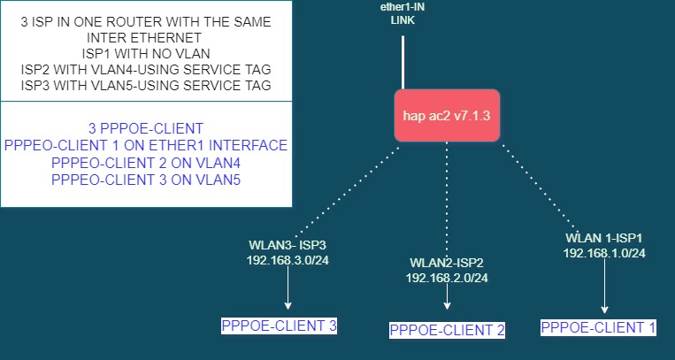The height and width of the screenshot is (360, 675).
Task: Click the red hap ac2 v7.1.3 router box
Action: [x=447, y=116]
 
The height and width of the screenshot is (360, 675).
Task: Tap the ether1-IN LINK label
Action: [x=403, y=12]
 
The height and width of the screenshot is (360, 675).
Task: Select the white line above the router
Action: [x=403, y=62]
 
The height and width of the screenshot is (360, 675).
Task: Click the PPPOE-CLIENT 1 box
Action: [x=598, y=327]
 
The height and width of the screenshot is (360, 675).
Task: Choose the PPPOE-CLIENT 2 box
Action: [x=447, y=330]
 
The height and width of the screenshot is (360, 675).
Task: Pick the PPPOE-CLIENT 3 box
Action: [x=279, y=326]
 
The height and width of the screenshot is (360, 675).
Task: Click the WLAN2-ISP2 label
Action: [x=447, y=263]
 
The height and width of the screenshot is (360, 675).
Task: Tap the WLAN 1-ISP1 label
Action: [x=604, y=237]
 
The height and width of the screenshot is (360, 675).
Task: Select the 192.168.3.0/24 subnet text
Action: [x=289, y=259]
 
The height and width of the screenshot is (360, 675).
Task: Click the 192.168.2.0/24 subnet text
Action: [x=447, y=278]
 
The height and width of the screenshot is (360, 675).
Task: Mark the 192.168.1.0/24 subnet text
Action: [x=604, y=253]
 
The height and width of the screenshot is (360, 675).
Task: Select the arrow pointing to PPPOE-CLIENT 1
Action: [x=604, y=287]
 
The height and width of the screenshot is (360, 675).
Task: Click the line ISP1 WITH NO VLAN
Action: [x=145, y=54]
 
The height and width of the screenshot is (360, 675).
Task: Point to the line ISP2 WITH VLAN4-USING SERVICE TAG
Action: [x=145, y=70]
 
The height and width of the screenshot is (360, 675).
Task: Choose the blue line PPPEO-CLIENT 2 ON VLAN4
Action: [x=145, y=163]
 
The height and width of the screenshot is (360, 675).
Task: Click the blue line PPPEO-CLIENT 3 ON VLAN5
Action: [x=145, y=180]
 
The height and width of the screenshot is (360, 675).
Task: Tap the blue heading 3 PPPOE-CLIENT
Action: [x=145, y=128]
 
